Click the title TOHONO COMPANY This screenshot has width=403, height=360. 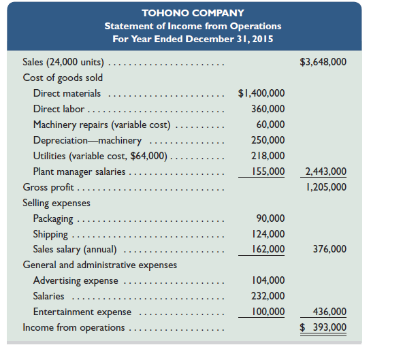(193, 13)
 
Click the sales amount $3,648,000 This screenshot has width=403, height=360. (323, 62)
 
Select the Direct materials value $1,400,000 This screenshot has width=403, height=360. (261, 93)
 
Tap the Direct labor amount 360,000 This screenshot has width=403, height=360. (268, 109)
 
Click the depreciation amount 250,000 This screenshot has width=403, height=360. (268, 140)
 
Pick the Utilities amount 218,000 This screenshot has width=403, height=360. (268, 156)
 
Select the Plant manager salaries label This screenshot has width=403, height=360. (80, 171)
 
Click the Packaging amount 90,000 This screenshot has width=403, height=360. (270, 218)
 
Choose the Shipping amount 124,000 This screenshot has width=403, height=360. (268, 234)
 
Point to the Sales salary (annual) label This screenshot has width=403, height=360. (75, 249)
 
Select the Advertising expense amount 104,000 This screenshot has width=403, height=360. (268, 280)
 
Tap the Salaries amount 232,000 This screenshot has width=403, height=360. (268, 296)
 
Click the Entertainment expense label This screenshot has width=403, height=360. (82, 312)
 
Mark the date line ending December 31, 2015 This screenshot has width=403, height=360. (193, 38)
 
